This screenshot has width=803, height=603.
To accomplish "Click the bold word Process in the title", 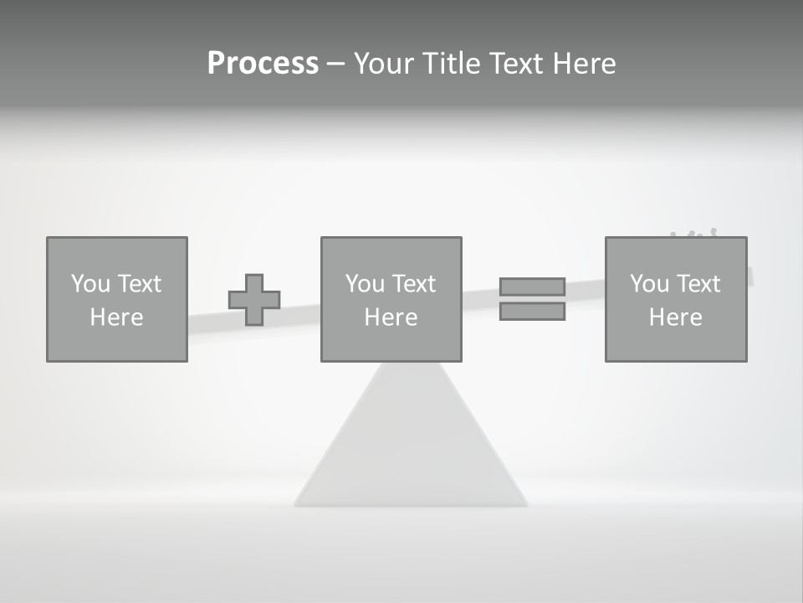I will click(x=263, y=64).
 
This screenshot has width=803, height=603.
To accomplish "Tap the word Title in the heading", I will click(x=450, y=64).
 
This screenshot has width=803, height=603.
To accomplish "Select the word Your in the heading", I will click(x=383, y=64).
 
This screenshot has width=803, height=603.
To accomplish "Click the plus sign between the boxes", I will click(x=254, y=300).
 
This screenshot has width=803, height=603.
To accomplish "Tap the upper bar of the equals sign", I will click(x=532, y=286).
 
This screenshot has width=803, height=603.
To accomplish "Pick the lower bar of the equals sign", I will click(x=532, y=311).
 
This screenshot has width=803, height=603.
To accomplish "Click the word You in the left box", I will click(x=90, y=284).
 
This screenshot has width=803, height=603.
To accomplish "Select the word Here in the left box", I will click(x=116, y=317).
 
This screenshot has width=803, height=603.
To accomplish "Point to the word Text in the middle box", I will click(x=414, y=284).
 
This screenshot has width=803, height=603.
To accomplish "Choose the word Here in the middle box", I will click(x=391, y=317).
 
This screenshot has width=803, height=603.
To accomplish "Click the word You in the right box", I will click(x=649, y=284).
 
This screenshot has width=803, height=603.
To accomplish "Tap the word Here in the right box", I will click(x=675, y=317).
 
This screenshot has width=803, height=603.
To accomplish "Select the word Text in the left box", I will click(x=140, y=284).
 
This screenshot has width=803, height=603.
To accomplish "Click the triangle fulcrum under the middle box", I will click(x=411, y=444).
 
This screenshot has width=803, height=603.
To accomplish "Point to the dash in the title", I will click(x=335, y=64).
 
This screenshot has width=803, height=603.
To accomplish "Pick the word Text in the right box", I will click(x=698, y=284).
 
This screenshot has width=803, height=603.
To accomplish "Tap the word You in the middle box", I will click(x=365, y=284).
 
